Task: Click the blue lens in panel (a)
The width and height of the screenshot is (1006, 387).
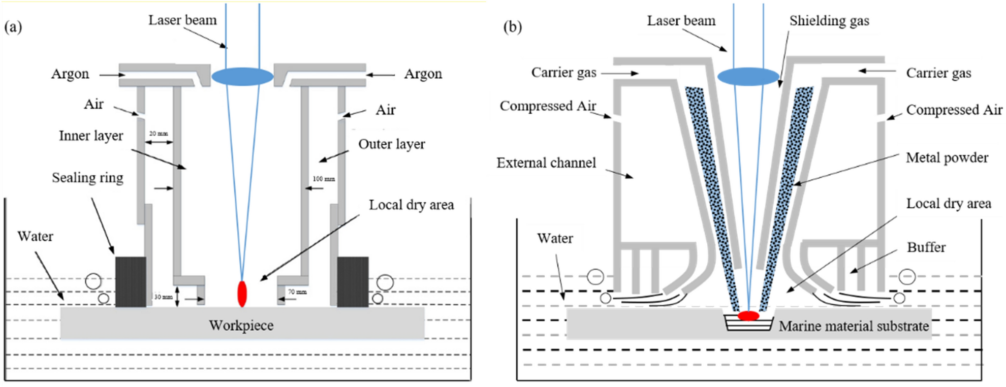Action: click(242, 77)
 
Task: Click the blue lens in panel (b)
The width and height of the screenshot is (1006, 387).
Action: click(748, 76)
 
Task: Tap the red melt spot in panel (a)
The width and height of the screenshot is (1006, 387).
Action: click(242, 294)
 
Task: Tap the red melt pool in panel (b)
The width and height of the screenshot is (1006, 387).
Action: click(748, 316)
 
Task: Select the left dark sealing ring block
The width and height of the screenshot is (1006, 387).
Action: click(131, 281)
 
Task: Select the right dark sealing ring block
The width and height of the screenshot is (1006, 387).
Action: click(353, 281)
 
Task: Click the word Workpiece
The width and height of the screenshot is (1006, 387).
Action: click(241, 326)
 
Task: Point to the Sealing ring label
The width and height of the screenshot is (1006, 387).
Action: click(87, 178)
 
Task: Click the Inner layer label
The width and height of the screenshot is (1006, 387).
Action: click(91, 136)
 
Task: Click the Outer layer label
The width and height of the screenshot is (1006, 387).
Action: click(392, 144)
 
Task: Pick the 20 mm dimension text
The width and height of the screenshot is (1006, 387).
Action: click(159, 134)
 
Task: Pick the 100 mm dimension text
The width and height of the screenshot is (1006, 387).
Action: click(324, 179)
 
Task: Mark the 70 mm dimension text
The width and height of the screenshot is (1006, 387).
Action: click(297, 292)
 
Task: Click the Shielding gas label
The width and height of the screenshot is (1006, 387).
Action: click(829, 21)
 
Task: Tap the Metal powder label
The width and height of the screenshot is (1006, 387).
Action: click(947, 158)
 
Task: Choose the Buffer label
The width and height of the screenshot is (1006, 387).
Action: click(926, 247)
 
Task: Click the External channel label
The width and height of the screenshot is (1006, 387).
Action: click(546, 163)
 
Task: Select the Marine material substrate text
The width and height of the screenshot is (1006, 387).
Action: click(854, 326)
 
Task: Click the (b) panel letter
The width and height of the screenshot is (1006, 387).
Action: click(512, 26)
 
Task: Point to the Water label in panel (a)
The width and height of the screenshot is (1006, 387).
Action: click(35, 236)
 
